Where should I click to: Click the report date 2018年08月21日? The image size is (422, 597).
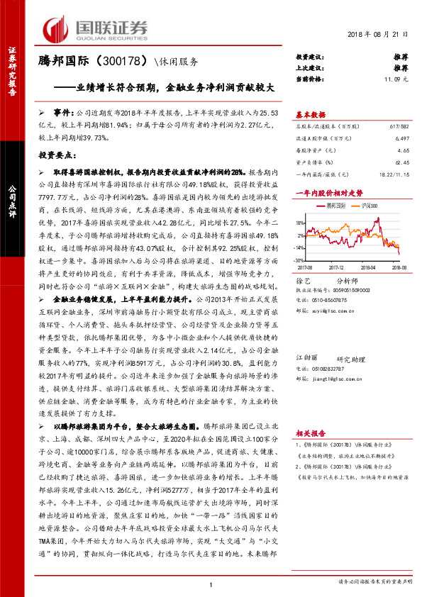(x=379, y=34)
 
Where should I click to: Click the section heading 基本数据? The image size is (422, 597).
(x=310, y=113)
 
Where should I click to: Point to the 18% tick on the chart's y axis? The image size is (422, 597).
(x=301, y=223)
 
